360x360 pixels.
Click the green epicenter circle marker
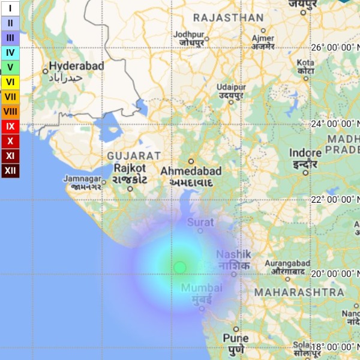[x=180, y=267]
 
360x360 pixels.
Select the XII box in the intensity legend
[x=10, y=171]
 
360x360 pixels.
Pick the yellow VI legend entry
[x=10, y=82]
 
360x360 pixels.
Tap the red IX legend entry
[x=10, y=127]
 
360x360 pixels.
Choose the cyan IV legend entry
[x=10, y=52]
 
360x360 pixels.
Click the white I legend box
[x=10, y=8]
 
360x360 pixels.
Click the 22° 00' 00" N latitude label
[x=333, y=199]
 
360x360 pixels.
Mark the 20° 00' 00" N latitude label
[x=333, y=274]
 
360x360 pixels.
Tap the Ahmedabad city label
[x=191, y=171]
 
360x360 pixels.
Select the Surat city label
[x=200, y=223]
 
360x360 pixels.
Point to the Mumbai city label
[x=202, y=288]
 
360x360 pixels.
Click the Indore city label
[x=305, y=153]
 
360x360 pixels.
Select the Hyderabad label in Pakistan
[x=76, y=66]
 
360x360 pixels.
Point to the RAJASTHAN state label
[x=228, y=17]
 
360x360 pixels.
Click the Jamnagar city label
[x=82, y=179]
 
